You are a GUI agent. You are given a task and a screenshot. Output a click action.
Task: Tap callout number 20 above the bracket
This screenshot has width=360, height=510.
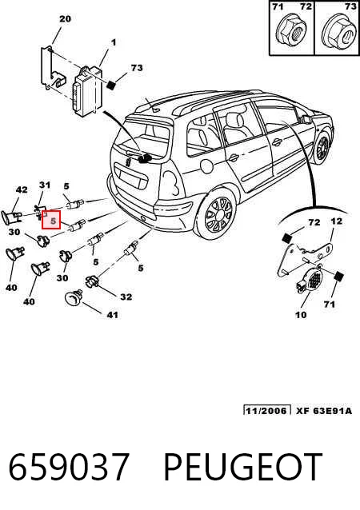coord(65,19)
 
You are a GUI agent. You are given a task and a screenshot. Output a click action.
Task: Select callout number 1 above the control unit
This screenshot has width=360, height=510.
coord(114,42)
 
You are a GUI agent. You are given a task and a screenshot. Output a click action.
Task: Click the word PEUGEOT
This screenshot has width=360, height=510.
coord(243,468)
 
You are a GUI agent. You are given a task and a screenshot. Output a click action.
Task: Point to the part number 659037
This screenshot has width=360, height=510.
coord(68,468)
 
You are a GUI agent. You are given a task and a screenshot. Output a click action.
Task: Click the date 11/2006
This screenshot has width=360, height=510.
coord(267,410)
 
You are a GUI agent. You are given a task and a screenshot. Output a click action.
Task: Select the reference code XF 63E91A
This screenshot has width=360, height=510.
coord(324,411)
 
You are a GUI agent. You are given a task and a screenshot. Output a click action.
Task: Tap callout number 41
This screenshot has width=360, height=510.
coord(112,315)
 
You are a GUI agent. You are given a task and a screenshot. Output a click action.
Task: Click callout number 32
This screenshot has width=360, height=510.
coord(126,297)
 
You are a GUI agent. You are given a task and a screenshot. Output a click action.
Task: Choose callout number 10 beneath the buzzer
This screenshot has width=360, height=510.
coord(301,315)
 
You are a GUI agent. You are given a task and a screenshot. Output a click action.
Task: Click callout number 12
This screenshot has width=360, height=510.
coord(336,221)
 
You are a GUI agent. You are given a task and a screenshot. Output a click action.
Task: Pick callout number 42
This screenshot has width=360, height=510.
coord(22,189)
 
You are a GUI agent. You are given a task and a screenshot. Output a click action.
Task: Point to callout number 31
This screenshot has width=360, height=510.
coord(45,185)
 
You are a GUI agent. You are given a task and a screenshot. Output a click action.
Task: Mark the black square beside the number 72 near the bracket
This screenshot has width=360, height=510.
coord(286,238)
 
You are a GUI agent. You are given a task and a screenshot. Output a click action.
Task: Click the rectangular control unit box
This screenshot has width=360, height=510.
coord(86,91)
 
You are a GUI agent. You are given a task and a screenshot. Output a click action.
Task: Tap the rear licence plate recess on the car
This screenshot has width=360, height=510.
coord(130,177)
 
